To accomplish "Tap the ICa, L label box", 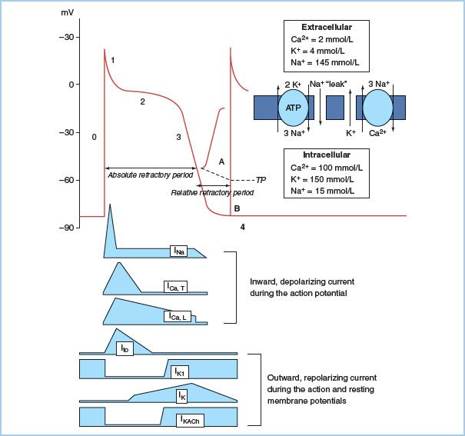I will pos(178,316).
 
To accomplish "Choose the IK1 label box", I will pos(178,372).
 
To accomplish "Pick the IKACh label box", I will pos(189,420).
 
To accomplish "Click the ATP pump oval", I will pos(293,108).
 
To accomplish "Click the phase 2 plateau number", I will pos(142,101).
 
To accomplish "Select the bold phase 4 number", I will pos(243,228).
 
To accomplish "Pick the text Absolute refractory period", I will pos(151,175).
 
